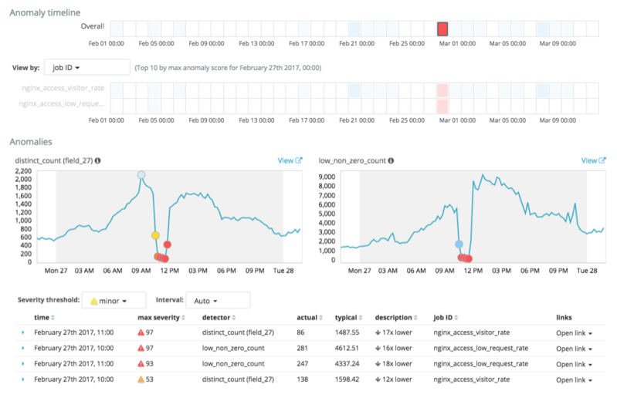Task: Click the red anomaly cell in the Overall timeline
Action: coord(442,29)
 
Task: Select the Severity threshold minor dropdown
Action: coord(114,300)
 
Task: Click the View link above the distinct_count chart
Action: coord(290,160)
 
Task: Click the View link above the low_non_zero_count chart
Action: coord(593,160)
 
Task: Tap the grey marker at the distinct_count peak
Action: coord(141,175)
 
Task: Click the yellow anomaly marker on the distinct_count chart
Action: coord(155,234)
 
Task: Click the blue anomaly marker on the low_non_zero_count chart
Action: coord(459,245)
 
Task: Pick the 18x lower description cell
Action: coord(395,363)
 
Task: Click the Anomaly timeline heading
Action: coord(44,12)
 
